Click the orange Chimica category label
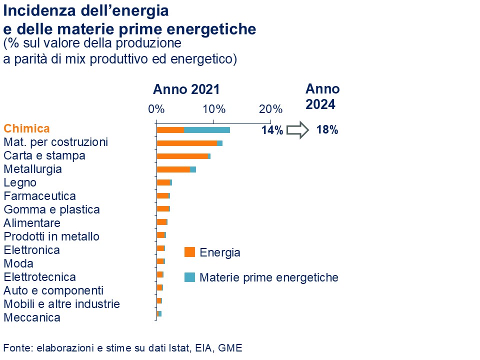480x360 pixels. point(27,128)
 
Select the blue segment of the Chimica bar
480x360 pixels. point(207,130)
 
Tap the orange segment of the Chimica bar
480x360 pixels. point(170,130)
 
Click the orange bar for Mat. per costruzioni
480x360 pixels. point(186,143)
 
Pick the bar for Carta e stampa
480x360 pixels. point(182,156)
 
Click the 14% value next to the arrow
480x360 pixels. point(272,130)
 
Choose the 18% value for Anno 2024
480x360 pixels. point(327,130)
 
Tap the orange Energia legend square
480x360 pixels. point(189,252)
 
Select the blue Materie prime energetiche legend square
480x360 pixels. point(189,277)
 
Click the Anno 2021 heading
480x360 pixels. point(186,90)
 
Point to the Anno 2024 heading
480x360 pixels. point(322,96)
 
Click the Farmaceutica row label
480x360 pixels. point(39,196)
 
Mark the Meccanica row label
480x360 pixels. point(32,317)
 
